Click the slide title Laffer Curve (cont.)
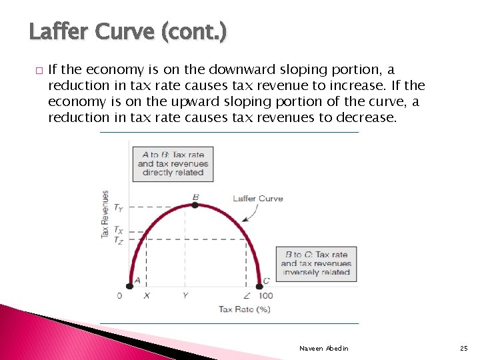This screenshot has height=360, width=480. click(x=128, y=31)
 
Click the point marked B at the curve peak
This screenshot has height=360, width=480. click(x=195, y=205)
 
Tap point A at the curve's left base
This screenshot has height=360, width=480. click(x=131, y=286)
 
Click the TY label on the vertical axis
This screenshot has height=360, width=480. click(x=118, y=208)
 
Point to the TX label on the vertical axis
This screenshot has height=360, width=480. click(x=118, y=231)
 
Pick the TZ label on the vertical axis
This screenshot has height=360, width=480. click(x=118, y=240)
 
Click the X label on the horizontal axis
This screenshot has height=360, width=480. click(x=147, y=295)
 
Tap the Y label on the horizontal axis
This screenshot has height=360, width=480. click(x=185, y=295)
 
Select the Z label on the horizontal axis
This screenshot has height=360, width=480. click(x=247, y=295)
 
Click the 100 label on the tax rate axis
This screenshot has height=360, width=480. click(x=265, y=295)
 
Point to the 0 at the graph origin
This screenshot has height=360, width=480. click(x=120, y=295)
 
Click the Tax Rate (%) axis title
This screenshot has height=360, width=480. click(x=244, y=309)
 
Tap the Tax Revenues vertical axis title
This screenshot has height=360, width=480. click(x=105, y=215)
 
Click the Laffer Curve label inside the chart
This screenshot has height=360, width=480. click(x=257, y=198)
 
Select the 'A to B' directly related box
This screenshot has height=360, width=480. click(x=173, y=163)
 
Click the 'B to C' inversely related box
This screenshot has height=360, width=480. click(x=316, y=263)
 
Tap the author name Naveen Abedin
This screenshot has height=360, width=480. click(x=323, y=349)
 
